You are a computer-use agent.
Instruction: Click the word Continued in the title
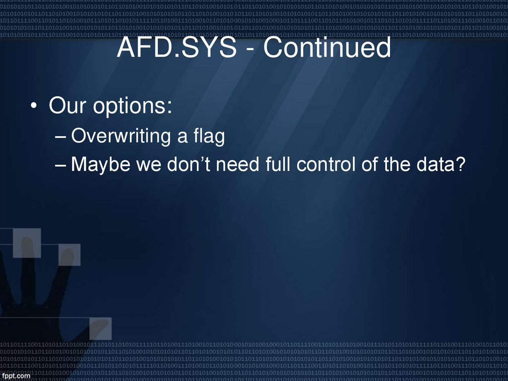click(326, 48)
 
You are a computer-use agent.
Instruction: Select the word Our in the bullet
click(65, 106)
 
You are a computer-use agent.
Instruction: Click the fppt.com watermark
click(16, 376)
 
